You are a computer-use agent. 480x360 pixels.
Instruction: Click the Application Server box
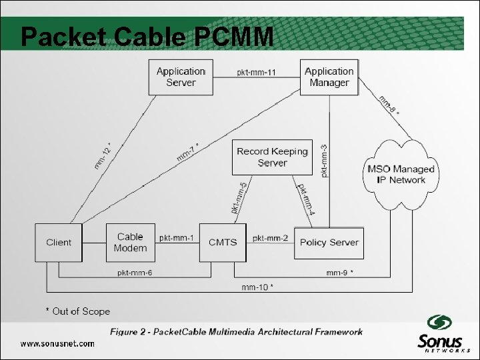point(181,77)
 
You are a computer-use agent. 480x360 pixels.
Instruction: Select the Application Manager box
point(329,77)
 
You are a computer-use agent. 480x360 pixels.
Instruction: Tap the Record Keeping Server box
point(272,157)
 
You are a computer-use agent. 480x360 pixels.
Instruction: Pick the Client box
point(59,243)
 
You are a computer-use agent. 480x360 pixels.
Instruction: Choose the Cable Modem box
point(130,243)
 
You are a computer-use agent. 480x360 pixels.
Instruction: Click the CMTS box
point(223,243)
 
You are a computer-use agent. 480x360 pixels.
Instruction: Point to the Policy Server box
point(329,243)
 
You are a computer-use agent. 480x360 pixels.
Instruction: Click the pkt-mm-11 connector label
point(256,73)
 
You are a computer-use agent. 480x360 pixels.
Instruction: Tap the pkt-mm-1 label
point(177,238)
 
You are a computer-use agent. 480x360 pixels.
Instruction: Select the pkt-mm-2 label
point(271,238)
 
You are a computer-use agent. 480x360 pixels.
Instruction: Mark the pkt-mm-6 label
point(135,272)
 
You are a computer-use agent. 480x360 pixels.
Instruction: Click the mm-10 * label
point(257,287)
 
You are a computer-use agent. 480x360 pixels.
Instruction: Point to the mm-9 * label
point(339,272)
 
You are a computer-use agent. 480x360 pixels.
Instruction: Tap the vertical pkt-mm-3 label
point(324,161)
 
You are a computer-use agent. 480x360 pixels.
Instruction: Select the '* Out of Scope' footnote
point(77,311)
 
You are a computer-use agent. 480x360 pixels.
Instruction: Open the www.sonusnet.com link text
point(57,343)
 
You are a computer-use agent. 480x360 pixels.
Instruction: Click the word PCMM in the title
point(234,37)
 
